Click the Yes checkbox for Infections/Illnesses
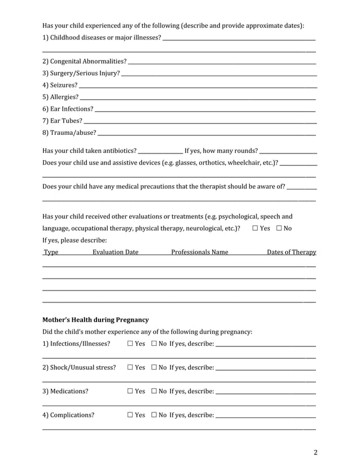pos(130,344)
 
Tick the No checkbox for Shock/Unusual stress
pos(154,368)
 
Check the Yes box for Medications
pos(130,391)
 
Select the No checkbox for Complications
pos(154,415)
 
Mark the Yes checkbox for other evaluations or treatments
pos(256,228)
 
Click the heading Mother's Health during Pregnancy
pos(95,320)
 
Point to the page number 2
pos(315,452)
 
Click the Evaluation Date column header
pos(115,252)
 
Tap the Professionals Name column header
pos(200,252)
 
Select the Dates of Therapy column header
pos(291,252)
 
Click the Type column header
pos(51,252)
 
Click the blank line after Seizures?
pos(197,86)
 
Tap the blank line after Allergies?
pos(197,98)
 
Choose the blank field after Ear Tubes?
pos(200,121)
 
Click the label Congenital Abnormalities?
pos(84,61)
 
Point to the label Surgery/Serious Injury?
pos(81,73)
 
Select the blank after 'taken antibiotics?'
pos(160,151)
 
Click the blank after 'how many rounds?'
pos(288,151)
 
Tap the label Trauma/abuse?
pos(69,133)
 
